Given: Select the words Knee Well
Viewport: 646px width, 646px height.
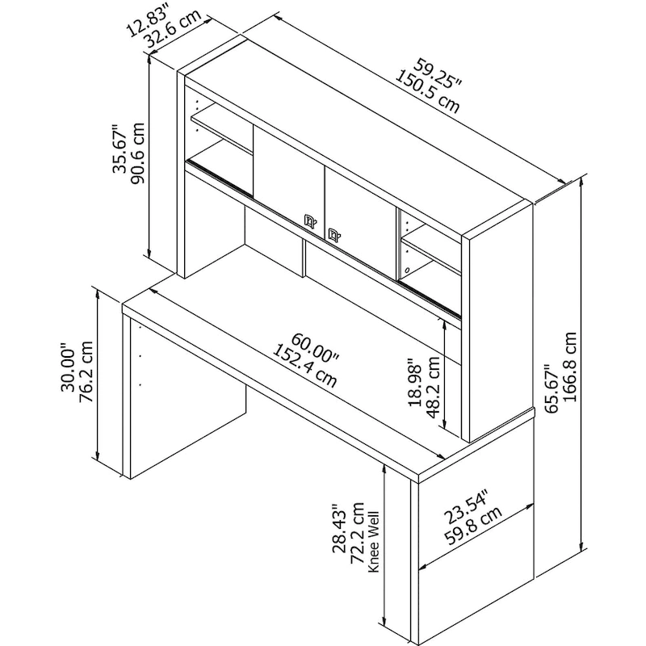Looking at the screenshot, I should (373, 541).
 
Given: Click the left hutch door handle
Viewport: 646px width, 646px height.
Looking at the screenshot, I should (308, 219).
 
